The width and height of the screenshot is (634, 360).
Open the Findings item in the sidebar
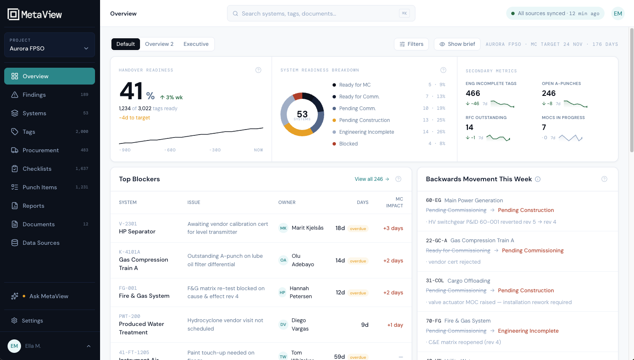[x=50, y=95]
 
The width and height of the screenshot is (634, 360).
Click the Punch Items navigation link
[x=50, y=187]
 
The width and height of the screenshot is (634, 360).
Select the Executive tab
[x=196, y=44]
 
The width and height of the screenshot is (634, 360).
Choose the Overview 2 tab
[x=159, y=44]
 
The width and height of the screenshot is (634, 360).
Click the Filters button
[x=411, y=44]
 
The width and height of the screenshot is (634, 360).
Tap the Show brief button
[x=457, y=44]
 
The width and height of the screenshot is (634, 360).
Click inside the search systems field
[x=321, y=13]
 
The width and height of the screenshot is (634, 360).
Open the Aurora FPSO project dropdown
[x=50, y=45]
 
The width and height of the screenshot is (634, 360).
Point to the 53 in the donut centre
[x=302, y=114]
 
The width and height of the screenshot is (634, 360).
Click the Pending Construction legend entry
[x=364, y=120]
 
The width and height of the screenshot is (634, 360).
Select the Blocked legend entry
[x=348, y=143]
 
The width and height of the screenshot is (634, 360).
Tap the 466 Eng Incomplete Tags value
[x=473, y=93]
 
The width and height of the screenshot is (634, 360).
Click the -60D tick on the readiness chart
[x=170, y=150]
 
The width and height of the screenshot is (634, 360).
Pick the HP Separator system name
[x=137, y=231]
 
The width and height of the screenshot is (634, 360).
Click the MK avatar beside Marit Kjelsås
[x=283, y=228]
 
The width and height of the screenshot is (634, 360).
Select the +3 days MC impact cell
[x=393, y=228]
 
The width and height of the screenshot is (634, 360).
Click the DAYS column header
[x=362, y=202]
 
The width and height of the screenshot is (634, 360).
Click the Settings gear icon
[x=14, y=320]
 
